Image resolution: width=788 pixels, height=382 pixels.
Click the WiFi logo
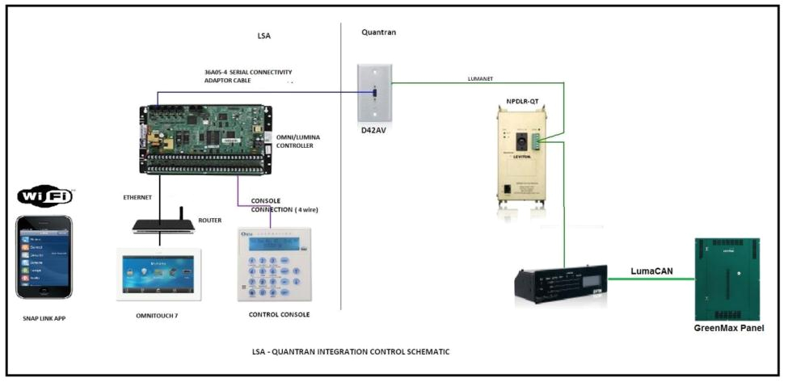(x=45, y=196)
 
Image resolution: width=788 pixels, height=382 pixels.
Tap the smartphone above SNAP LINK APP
(x=45, y=256)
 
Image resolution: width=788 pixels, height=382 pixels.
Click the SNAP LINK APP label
(x=44, y=318)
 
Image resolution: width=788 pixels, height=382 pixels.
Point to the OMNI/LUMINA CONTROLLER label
(x=298, y=142)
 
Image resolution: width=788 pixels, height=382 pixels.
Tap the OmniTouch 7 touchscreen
(x=158, y=274)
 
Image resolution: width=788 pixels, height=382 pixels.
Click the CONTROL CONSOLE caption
(x=280, y=314)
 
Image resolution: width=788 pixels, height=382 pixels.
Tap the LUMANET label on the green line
(x=483, y=78)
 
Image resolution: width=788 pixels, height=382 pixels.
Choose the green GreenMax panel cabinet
(x=727, y=279)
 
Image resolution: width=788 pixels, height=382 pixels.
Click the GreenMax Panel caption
(x=728, y=329)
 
